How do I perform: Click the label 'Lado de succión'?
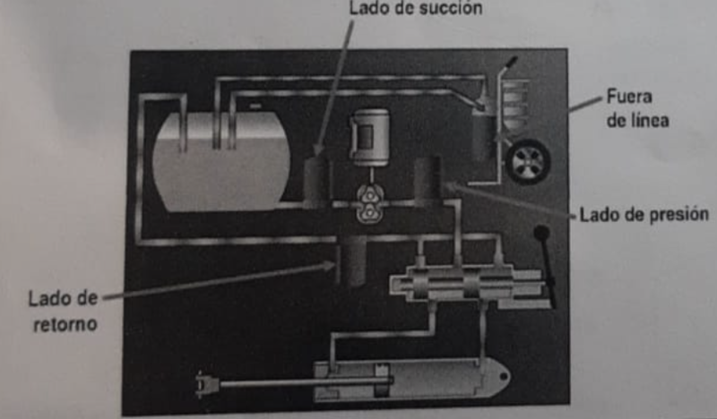tap(415, 8)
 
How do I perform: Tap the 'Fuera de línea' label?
tap(637, 108)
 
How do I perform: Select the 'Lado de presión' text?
tap(644, 214)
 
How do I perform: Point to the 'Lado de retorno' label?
tap(64, 312)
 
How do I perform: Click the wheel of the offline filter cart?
tap(528, 162)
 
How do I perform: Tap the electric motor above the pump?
tap(370, 137)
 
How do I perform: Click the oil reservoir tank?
tap(221, 163)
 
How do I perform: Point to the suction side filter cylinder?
tap(317, 182)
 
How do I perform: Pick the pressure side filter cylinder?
tap(428, 181)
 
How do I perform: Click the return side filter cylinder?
tap(351, 260)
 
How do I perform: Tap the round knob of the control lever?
tap(541, 233)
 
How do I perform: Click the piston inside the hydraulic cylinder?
tap(382, 381)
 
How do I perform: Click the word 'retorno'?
tap(65, 324)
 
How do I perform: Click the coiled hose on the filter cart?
tap(514, 105)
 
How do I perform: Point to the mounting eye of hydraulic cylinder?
tap(504, 377)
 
